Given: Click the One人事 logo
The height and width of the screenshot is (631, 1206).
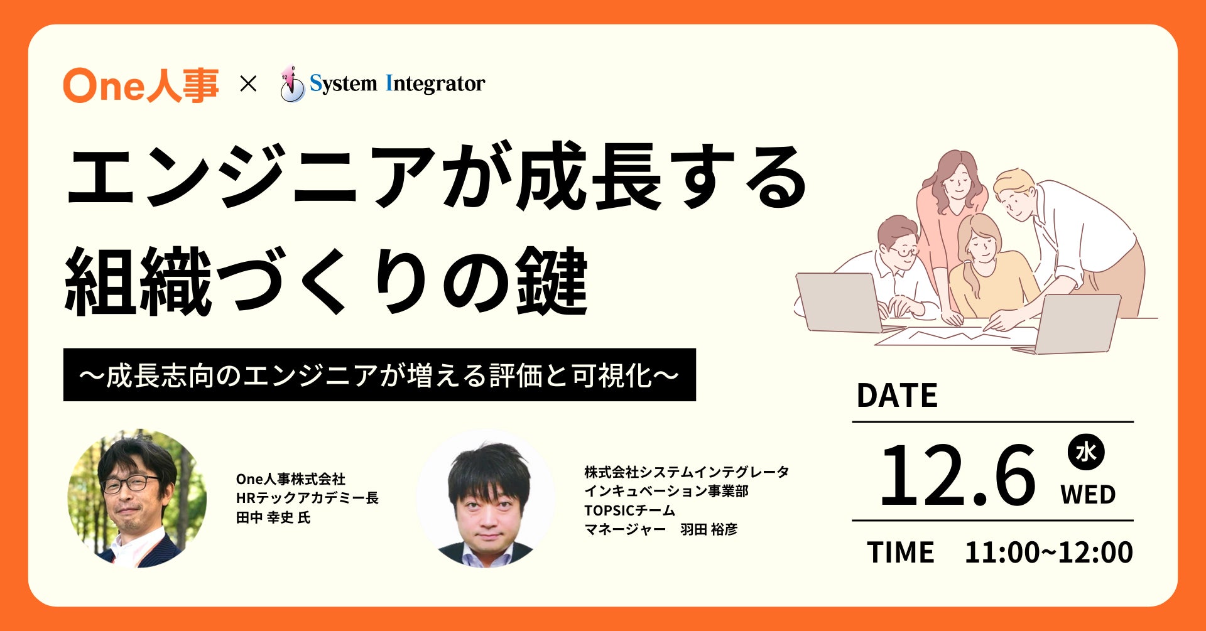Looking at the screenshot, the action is [141, 85].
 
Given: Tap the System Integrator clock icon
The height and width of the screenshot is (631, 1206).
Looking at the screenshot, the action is [291, 84].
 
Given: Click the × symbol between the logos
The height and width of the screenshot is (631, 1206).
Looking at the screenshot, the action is [249, 84].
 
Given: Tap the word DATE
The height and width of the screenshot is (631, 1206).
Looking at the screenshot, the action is [896, 396].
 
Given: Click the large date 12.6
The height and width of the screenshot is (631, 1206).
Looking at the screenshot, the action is [957, 475].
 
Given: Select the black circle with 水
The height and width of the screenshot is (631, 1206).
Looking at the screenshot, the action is [1086, 452].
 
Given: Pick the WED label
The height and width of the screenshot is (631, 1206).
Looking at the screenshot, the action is [1088, 495].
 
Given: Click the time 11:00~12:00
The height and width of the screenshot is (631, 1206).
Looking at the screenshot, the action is [1049, 553].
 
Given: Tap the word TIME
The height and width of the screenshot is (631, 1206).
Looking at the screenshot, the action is [901, 553].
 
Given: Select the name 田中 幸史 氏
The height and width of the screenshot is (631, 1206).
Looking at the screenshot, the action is [273, 518].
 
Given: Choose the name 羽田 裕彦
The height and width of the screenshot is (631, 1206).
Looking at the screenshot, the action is [709, 529].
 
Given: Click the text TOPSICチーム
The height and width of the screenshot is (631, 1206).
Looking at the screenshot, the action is [629, 510].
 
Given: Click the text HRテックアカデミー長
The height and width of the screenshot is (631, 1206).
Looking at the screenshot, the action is [307, 499].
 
